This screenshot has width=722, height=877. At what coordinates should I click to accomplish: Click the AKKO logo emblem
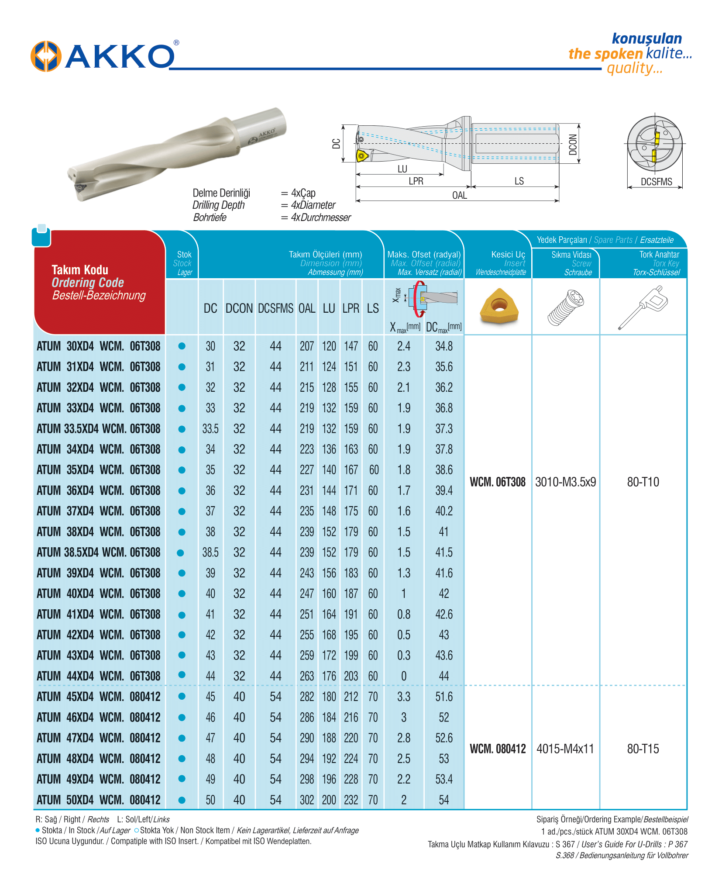pyautogui.click(x=45, y=56)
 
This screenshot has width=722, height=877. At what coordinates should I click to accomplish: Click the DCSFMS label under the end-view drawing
pyautogui.click(x=656, y=182)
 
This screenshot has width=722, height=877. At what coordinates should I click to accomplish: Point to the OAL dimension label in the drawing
pyautogui.click(x=459, y=195)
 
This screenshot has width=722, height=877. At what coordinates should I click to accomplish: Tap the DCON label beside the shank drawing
pyautogui.click(x=573, y=145)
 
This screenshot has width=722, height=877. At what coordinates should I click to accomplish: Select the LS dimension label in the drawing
pyautogui.click(x=519, y=181)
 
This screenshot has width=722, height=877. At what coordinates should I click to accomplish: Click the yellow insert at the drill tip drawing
pyautogui.click(x=361, y=156)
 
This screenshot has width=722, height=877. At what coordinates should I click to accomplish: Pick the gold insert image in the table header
pyautogui.click(x=499, y=306)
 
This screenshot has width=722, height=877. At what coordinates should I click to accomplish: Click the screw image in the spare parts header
pyautogui.click(x=566, y=307)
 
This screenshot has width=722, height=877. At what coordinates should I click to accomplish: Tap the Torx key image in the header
pyautogui.click(x=643, y=307)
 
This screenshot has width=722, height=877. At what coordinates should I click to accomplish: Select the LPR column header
pyautogui.click(x=351, y=308)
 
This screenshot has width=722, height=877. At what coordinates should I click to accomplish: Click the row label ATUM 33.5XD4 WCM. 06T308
pyautogui.click(x=99, y=428)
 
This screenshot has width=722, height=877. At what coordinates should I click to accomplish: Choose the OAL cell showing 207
pyautogui.click(x=306, y=346)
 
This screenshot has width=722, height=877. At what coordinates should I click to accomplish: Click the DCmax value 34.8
pyautogui.click(x=444, y=346)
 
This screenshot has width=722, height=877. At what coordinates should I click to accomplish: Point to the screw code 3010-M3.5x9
pyautogui.click(x=565, y=482)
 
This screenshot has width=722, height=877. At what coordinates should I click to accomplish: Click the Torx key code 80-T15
pyautogui.click(x=643, y=749)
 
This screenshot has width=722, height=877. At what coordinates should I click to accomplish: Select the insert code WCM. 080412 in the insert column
pyautogui.click(x=498, y=749)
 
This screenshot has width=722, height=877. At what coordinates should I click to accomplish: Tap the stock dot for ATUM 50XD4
pyautogui.click(x=182, y=800)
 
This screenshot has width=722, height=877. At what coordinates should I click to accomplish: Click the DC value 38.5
pyautogui.click(x=210, y=552)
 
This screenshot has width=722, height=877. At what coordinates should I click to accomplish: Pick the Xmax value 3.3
pyautogui.click(x=403, y=697)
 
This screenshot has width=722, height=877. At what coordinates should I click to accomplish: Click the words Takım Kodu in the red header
pyautogui.click(x=80, y=269)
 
